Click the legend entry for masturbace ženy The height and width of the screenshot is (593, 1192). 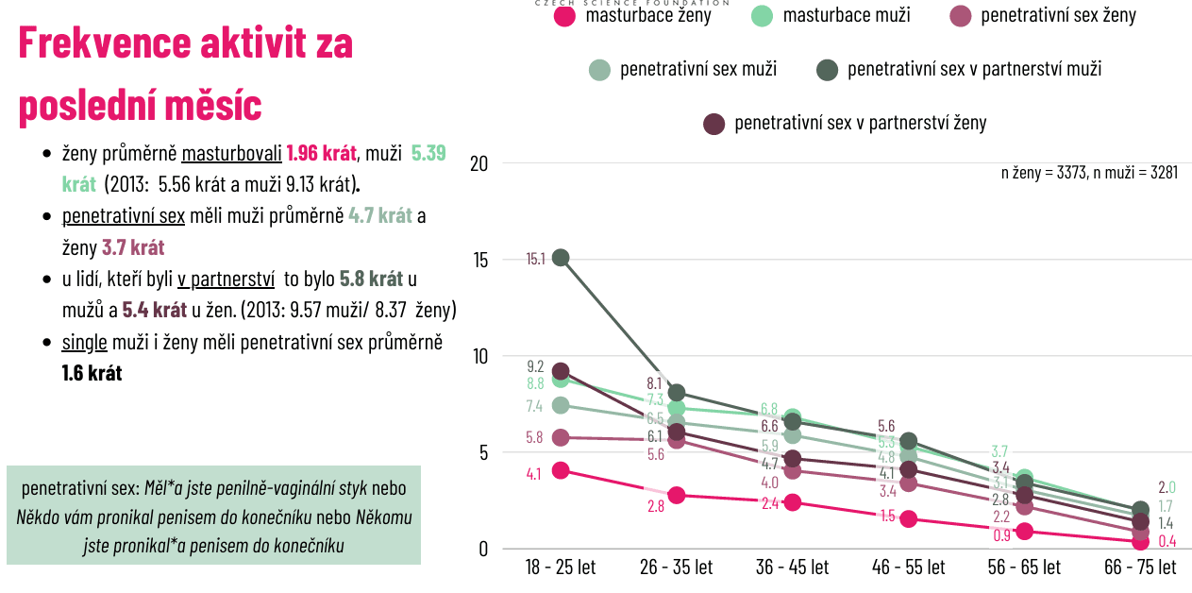point(632,15)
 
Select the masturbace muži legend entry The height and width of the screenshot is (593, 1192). point(831,15)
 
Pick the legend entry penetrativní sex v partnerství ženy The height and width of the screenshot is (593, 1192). point(845,124)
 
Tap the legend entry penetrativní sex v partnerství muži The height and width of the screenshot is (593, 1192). point(959,69)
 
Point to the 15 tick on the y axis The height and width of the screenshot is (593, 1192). point(478,260)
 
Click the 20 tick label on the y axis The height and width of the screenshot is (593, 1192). point(478,163)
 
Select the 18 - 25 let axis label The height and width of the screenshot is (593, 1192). point(561,568)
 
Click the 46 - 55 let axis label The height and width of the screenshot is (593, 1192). point(909,568)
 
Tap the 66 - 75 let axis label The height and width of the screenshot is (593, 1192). point(1140,568)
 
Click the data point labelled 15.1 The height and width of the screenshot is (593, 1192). point(561,258)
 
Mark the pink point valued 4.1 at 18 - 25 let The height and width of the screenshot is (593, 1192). point(561,470)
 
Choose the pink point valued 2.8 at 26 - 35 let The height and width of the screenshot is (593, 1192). point(677,495)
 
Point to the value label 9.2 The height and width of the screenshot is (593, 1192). point(535,366)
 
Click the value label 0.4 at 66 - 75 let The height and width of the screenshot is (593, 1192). point(1167,541)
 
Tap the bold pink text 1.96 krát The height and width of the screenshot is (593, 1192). point(321,153)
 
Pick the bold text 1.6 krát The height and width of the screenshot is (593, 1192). point(92,373)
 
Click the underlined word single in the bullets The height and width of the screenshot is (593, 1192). point(82,342)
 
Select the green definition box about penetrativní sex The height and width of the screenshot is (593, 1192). point(213,516)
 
